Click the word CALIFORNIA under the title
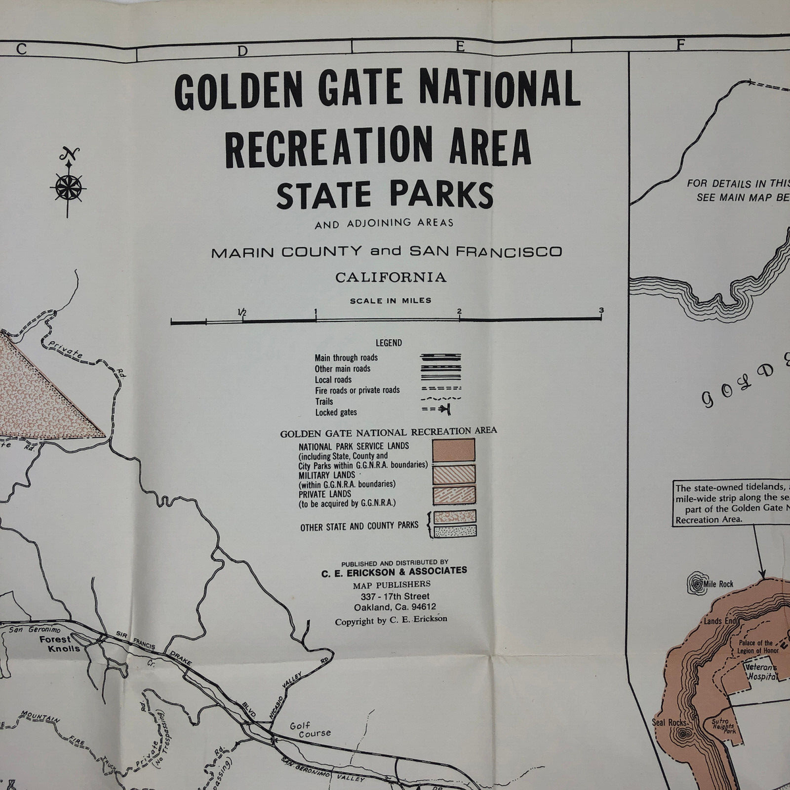click(390, 277)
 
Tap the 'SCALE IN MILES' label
click(390, 301)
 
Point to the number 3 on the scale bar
click(601, 311)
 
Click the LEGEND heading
click(388, 343)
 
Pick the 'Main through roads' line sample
click(440, 358)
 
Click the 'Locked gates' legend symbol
click(440, 411)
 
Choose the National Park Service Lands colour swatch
click(454, 450)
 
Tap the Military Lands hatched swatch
click(454, 475)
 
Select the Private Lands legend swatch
click(454, 494)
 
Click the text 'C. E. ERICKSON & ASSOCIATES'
click(394, 571)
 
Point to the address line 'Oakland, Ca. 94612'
click(394, 608)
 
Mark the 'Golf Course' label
click(311, 729)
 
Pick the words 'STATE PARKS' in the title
click(385, 196)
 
